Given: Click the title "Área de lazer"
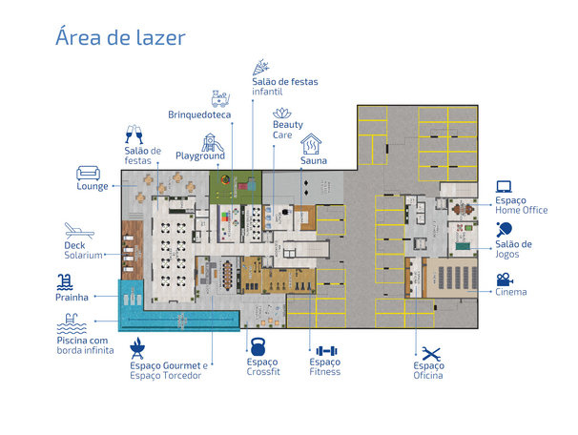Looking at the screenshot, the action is [120, 36].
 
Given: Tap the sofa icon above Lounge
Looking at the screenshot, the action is [88, 174].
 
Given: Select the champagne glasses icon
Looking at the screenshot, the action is [134, 135].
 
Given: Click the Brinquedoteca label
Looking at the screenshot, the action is [199, 114].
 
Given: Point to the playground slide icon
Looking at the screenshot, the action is [213, 143].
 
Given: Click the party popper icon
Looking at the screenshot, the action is [260, 67].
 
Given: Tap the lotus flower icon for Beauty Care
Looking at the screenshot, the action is [282, 114].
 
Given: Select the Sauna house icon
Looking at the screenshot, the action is [311, 144].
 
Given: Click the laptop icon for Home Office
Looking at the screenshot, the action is [504, 187].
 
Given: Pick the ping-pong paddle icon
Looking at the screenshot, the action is [504, 229].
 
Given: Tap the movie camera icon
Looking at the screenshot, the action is [505, 280].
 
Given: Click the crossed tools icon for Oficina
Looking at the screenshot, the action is [431, 354].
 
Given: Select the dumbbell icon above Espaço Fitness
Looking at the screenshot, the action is [326, 351].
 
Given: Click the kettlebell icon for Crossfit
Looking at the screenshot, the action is [258, 346].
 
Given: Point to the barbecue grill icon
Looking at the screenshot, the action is [137, 348].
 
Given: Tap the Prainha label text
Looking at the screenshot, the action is [72, 297].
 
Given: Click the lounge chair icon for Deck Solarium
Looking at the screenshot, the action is [79, 231].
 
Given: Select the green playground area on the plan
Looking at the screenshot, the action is [236, 187].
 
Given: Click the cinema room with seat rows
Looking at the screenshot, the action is [452, 278].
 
